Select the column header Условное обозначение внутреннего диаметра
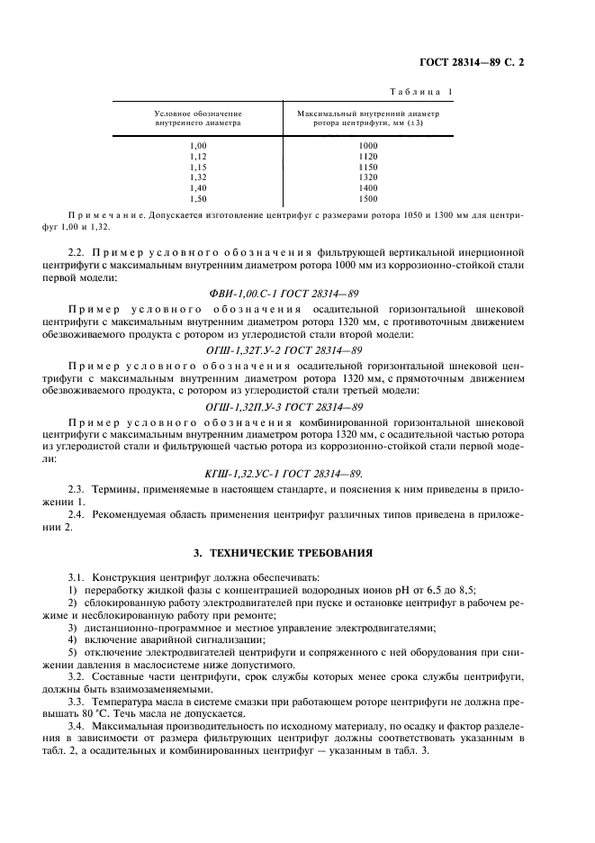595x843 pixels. pos(198,118)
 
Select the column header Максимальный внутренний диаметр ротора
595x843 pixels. pos(367,118)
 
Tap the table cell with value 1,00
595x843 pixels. pos(198,145)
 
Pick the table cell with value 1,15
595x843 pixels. pos(198,167)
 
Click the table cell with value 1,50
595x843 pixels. pos(198,198)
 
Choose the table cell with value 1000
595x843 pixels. pos(367,145)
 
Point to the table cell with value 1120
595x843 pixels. pos(367,156)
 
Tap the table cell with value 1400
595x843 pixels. pos(367,187)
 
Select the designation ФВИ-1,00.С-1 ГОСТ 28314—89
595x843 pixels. pos(297,293)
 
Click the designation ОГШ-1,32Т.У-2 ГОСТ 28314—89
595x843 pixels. pos(297,349)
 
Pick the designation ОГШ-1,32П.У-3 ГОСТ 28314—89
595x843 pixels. pos(297,407)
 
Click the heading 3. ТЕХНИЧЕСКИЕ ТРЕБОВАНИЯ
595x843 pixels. pos(297,551)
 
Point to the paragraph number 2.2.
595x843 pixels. pos(77,255)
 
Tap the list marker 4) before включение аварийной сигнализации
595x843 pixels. pos(73,639)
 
